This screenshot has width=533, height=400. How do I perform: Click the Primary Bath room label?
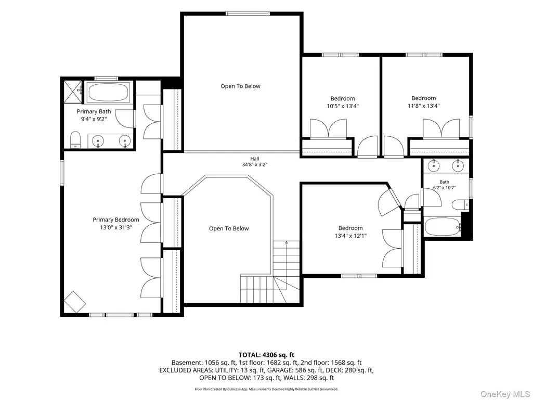coord(94,111)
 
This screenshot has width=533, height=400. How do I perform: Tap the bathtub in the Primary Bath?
coord(109,92)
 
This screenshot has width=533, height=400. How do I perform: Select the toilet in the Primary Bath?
coord(75,140)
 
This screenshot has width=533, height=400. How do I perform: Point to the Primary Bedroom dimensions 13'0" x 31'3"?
coord(116,227)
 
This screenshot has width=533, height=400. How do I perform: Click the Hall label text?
coord(255,159)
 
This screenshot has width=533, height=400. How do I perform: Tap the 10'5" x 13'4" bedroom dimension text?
coord(343,106)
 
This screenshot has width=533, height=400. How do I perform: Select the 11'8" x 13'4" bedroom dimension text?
coord(424,106)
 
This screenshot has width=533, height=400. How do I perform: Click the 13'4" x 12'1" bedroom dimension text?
coord(350,236)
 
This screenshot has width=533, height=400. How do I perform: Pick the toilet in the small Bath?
coord(460,205)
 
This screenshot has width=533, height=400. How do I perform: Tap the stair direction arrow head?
coord(287,242)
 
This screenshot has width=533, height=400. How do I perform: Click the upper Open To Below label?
coord(240,86)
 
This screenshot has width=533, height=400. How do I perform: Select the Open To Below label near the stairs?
coord(229,228)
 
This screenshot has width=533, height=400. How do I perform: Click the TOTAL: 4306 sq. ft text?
coord(266,355)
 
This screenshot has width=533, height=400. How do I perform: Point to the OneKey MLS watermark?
coord(505,394)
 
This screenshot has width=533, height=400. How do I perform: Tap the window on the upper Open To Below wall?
coord(248,14)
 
